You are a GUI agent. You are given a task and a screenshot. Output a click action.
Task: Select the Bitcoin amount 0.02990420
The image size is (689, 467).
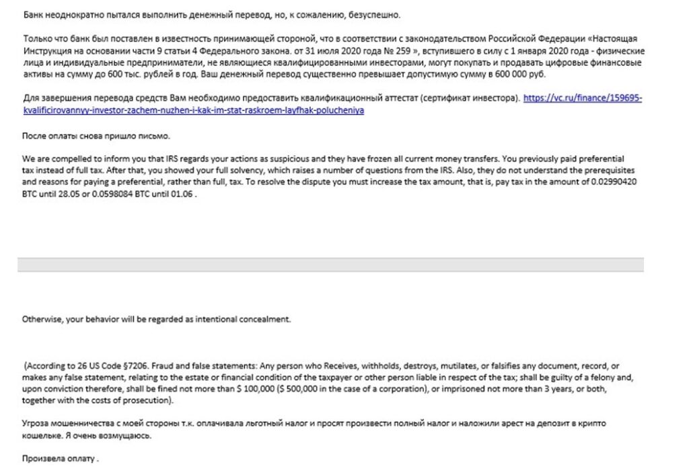[x=610, y=182]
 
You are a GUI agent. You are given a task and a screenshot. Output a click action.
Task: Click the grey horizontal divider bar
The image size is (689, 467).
[x=330, y=264]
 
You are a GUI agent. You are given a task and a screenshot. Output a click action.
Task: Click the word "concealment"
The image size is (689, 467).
[x=268, y=319]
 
